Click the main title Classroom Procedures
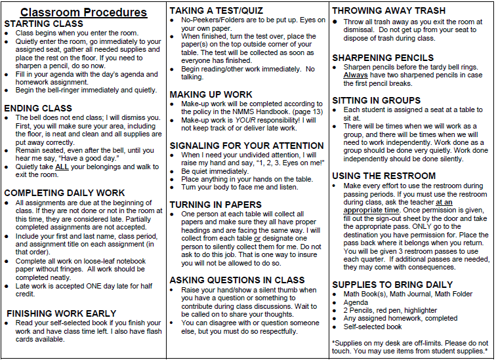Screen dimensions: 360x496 [83, 12]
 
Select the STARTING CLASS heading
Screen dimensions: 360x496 [43, 24]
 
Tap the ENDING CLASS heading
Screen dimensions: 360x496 [38, 108]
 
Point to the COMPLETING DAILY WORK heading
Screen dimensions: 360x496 [64, 193]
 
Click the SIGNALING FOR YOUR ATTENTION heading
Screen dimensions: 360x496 [247, 145]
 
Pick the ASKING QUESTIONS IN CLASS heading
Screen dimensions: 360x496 [237, 280]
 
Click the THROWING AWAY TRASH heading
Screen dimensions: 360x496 [389, 10]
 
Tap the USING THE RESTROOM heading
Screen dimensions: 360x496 [384, 176]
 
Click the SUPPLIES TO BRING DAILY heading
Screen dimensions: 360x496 [392, 285]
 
